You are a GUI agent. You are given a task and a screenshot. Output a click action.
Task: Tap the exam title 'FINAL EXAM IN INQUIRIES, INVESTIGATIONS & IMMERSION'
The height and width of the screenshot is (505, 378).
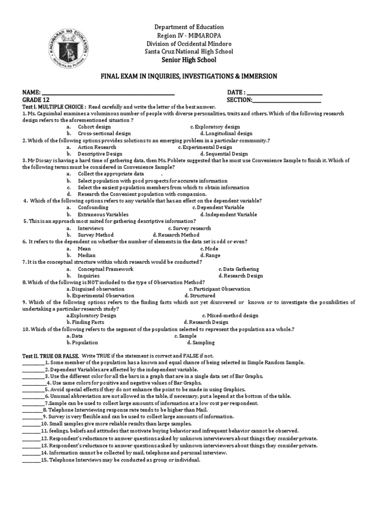tap(189, 76)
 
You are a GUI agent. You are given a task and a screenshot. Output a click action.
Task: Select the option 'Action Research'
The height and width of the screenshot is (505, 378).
tap(97, 147)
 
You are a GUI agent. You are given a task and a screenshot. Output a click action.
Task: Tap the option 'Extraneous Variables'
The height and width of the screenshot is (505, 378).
tap(103, 215)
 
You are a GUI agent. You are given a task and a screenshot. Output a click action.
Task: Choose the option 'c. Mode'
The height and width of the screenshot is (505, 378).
tap(209, 249)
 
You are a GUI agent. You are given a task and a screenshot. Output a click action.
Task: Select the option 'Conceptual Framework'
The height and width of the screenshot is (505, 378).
tap(105, 269)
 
